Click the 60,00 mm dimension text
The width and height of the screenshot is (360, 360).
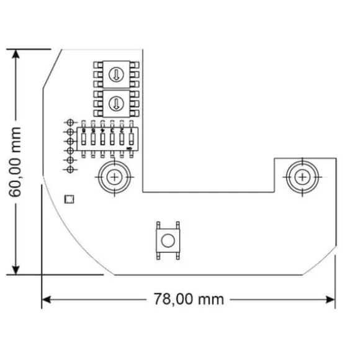click(x=16, y=162)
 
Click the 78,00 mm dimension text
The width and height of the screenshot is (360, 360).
click(x=188, y=299)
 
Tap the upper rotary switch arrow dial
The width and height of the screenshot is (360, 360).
click(x=115, y=74)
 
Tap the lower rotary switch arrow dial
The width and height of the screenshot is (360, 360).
click(x=115, y=102)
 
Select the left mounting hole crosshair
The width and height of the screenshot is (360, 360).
click(x=114, y=177)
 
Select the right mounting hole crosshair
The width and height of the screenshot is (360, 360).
click(x=302, y=177)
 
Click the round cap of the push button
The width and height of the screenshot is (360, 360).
click(x=166, y=241)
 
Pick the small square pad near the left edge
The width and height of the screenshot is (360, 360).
click(x=70, y=199)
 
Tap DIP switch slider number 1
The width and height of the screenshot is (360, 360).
click(x=83, y=137)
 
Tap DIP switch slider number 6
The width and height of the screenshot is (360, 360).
click(x=131, y=137)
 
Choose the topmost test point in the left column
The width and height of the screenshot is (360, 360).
click(x=70, y=122)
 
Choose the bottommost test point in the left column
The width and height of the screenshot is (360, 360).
click(x=70, y=169)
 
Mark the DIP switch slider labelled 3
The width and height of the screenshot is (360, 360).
click(x=102, y=137)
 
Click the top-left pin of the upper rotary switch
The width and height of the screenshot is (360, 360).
click(x=97, y=65)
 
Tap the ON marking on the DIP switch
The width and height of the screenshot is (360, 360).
click(x=129, y=149)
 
